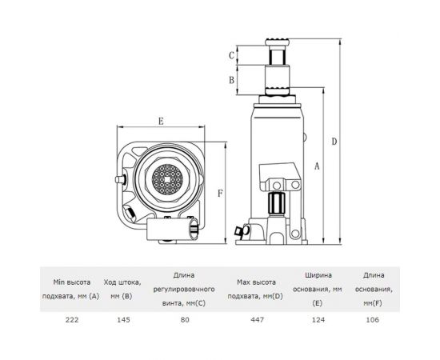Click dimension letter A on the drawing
click(x=317, y=166)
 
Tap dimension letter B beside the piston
click(x=231, y=80)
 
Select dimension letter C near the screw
click(x=231, y=55)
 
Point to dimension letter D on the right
click(x=334, y=142)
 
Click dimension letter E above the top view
click(x=161, y=122)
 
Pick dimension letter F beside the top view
click(x=220, y=193)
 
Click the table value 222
click(x=72, y=319)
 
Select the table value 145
click(x=123, y=319)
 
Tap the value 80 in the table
click(x=185, y=319)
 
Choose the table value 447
click(x=258, y=319)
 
